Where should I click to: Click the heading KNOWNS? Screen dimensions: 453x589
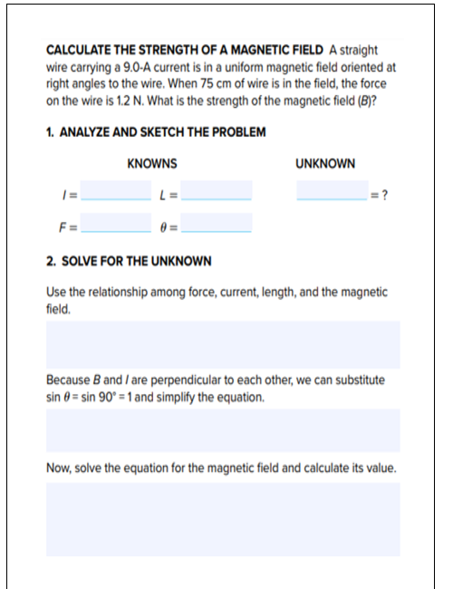click(x=152, y=164)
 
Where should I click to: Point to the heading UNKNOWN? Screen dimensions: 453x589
click(x=325, y=164)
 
